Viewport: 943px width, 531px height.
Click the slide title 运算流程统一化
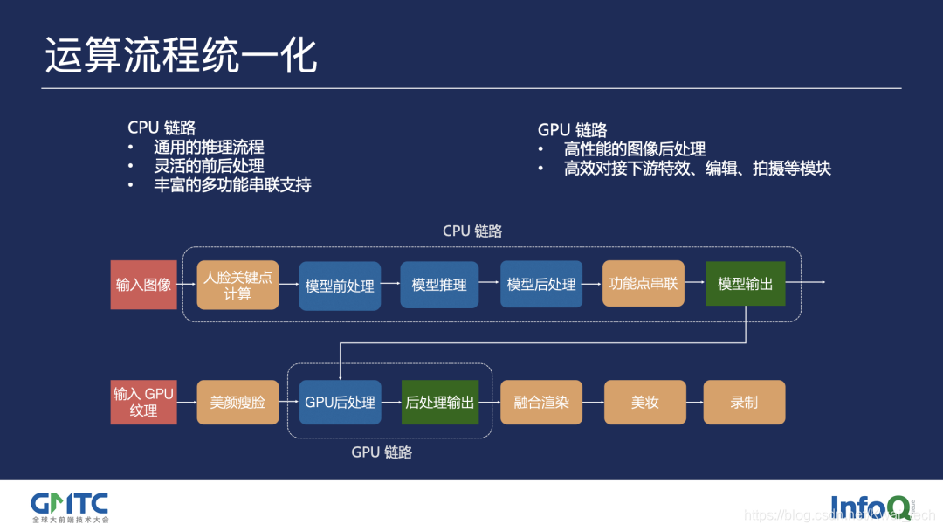pyautogui.click(x=181, y=56)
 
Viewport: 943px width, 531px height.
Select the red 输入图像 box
pyautogui.click(x=143, y=285)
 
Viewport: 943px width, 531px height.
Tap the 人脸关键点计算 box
pyautogui.click(x=237, y=285)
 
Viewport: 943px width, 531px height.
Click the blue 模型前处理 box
pyautogui.click(x=340, y=286)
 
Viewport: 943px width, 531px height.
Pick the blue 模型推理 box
pyautogui.click(x=439, y=285)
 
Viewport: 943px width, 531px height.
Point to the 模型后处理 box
pyautogui.click(x=541, y=285)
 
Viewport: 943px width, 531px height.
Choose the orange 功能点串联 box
pyautogui.click(x=644, y=284)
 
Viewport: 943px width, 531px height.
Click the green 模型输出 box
pyautogui.click(x=745, y=284)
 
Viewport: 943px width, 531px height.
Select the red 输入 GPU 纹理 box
pyautogui.click(x=143, y=402)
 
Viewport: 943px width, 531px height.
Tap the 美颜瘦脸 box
pyautogui.click(x=237, y=403)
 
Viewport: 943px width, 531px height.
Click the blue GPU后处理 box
pyautogui.click(x=340, y=403)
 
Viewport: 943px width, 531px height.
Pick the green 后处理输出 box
pyautogui.click(x=440, y=403)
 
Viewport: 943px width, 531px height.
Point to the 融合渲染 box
pyautogui.click(x=541, y=403)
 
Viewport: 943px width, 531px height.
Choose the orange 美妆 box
pyautogui.click(x=644, y=403)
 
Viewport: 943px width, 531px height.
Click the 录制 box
pyautogui.click(x=744, y=403)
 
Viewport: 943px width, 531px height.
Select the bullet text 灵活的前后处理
pyautogui.click(x=209, y=166)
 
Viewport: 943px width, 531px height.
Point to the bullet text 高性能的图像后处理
pyautogui.click(x=634, y=149)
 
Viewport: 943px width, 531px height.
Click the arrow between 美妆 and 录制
pyautogui.click(x=694, y=403)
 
